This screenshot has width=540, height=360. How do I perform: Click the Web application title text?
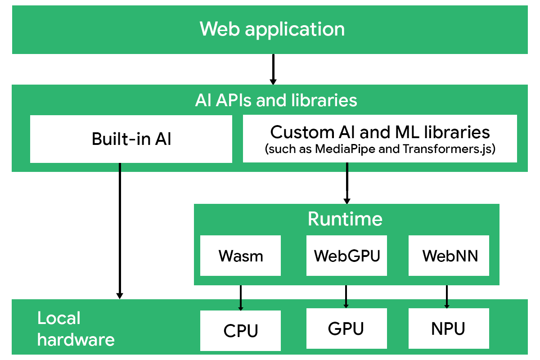pos(272,29)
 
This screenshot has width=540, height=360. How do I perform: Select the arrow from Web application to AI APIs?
pos(273,69)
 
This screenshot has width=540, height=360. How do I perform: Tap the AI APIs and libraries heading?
pos(276,100)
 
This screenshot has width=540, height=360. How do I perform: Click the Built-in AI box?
pos(131,139)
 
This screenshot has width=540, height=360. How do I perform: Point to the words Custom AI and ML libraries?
pos(380,132)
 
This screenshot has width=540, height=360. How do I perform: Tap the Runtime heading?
pos(345,219)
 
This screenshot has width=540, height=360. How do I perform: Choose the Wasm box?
pos(240,256)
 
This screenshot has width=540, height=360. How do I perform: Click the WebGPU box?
pos(346,256)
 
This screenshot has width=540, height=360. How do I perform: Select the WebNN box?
pos(449,256)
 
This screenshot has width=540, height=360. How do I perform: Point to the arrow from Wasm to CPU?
pos(241,297)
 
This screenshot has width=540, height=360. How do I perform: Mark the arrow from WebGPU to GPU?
pos(346,296)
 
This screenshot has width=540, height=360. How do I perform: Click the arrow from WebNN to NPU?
pos(446,297)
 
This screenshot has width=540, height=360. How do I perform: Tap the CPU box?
pos(240,331)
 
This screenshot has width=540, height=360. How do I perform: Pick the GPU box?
pos(346,328)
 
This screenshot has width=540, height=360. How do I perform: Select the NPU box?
pos(448,328)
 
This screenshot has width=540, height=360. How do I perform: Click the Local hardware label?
pos(76,328)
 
